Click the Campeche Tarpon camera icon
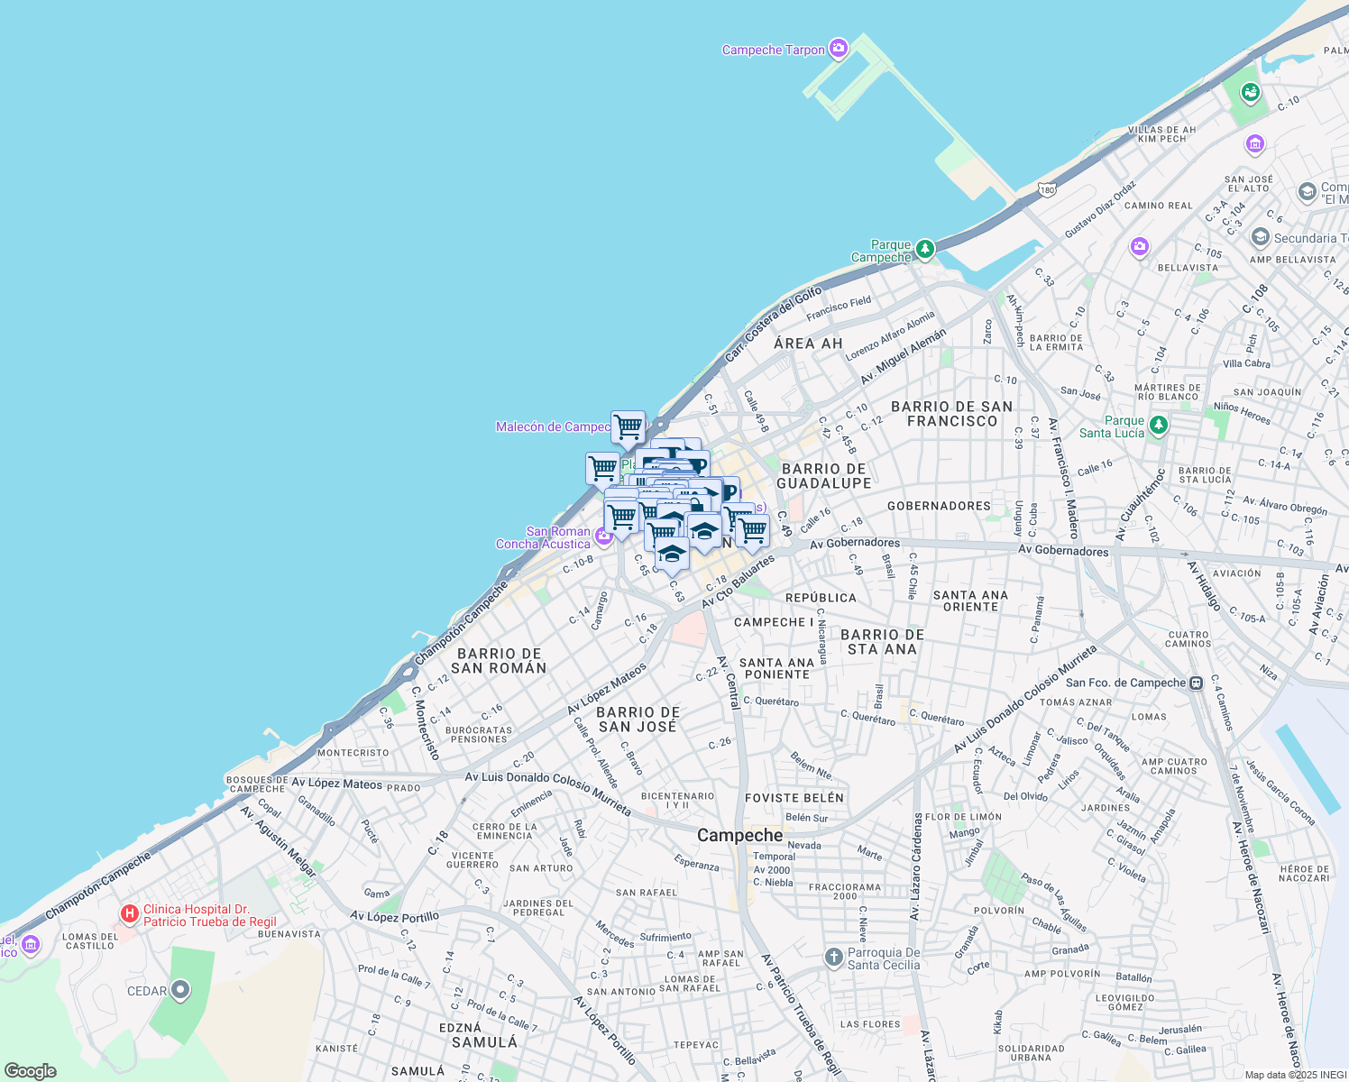tap(839, 48)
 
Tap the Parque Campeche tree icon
tap(924, 248)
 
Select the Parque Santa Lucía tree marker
tap(1159, 424)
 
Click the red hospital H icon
tap(130, 914)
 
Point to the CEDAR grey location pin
tap(180, 990)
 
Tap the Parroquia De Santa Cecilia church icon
tap(834, 956)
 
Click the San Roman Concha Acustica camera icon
tap(603, 535)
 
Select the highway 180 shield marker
tap(1046, 190)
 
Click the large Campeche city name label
tap(739, 836)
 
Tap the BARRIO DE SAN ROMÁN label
tap(499, 661)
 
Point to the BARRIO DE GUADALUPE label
tap(824, 476)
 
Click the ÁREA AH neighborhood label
tap(808, 344)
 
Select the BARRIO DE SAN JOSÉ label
tap(638, 720)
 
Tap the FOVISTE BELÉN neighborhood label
tap(794, 798)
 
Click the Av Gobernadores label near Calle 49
tap(854, 543)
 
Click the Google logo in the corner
tap(31, 1071)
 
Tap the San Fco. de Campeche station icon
tap(1196, 683)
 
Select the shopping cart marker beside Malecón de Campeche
tap(628, 426)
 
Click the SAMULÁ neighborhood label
tap(484, 1042)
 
